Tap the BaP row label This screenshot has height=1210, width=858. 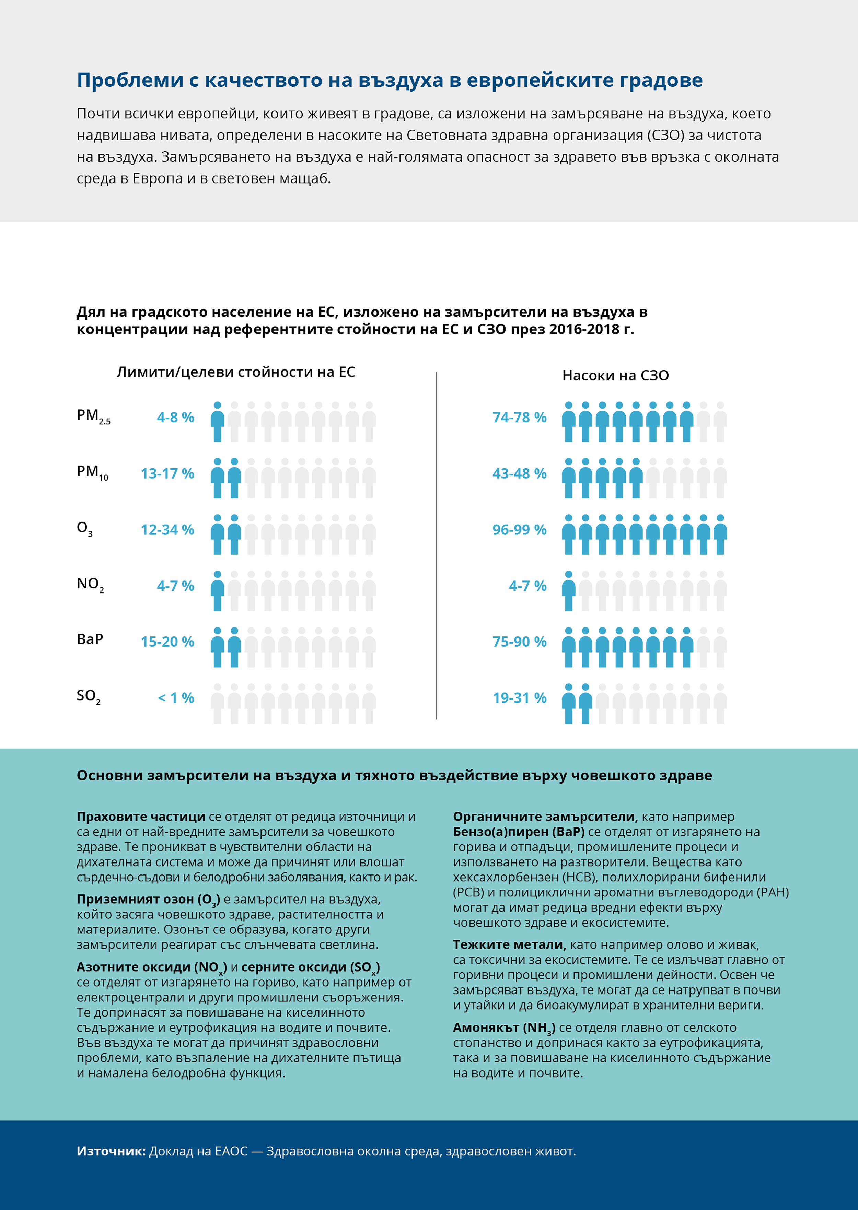tap(90, 639)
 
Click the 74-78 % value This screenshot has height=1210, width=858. tap(519, 417)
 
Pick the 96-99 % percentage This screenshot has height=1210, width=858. tap(519, 530)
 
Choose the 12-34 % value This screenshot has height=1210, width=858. tap(167, 530)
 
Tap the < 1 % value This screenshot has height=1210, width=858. tap(176, 698)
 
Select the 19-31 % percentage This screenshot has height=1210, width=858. tap(519, 698)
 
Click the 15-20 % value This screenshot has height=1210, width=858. tap(167, 642)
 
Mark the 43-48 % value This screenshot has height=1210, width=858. tap(519, 473)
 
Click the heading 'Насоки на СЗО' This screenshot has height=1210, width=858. tap(615, 376)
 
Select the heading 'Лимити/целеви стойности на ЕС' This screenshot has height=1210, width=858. tap(236, 372)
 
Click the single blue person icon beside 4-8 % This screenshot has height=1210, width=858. tap(217, 422)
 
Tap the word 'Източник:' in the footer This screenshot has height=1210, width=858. tap(111, 1151)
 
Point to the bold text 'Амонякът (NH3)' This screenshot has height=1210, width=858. tap(504, 1028)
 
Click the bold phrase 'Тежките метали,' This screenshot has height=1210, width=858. tap(509, 944)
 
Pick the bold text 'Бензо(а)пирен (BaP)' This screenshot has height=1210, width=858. tap(519, 832)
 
